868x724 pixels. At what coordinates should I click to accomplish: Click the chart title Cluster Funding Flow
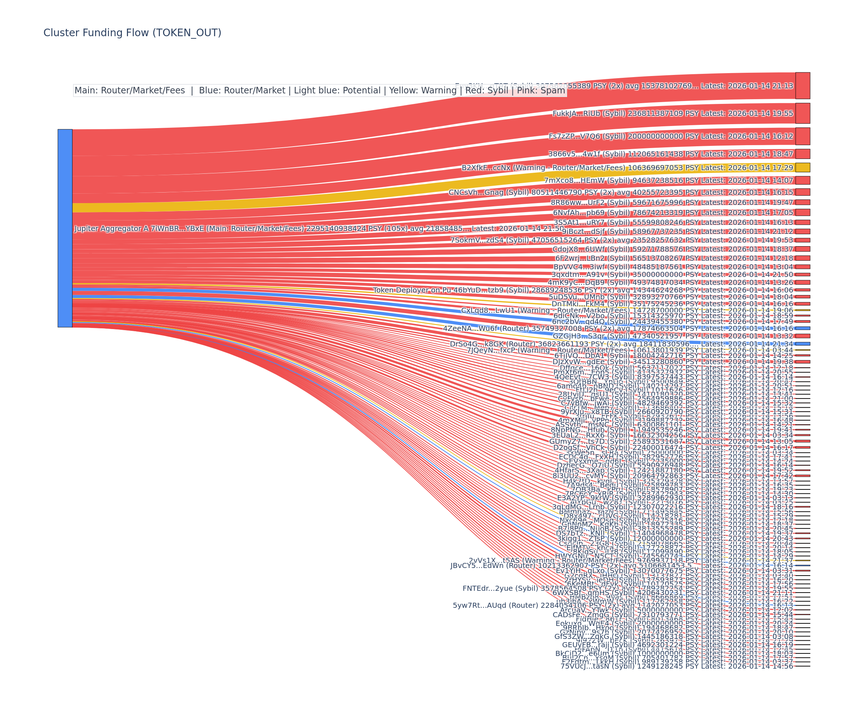pyautogui.click(x=132, y=33)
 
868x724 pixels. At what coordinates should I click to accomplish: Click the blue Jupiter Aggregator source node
pyautogui.click(x=65, y=228)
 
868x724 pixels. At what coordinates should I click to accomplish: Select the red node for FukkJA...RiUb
pyautogui.click(x=802, y=113)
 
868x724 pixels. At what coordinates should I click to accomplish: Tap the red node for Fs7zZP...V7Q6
pyautogui.click(x=802, y=136)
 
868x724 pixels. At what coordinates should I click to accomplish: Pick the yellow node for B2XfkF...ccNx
pyautogui.click(x=802, y=168)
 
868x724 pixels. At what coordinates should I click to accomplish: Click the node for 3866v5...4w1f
pyautogui.click(x=802, y=154)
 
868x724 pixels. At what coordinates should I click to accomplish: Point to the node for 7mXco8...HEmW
pyautogui.click(x=802, y=180)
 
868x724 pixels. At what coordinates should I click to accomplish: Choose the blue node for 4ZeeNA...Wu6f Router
pyautogui.click(x=802, y=328)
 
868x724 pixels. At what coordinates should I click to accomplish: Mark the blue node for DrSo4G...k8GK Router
pyautogui.click(x=802, y=344)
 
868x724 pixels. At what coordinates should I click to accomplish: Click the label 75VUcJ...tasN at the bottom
pyautogui.click(x=677, y=666)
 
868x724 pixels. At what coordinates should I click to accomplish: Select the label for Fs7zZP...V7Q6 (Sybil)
pyautogui.click(x=671, y=136)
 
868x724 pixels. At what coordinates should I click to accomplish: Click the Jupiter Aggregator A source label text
pyautogui.click(x=319, y=228)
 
